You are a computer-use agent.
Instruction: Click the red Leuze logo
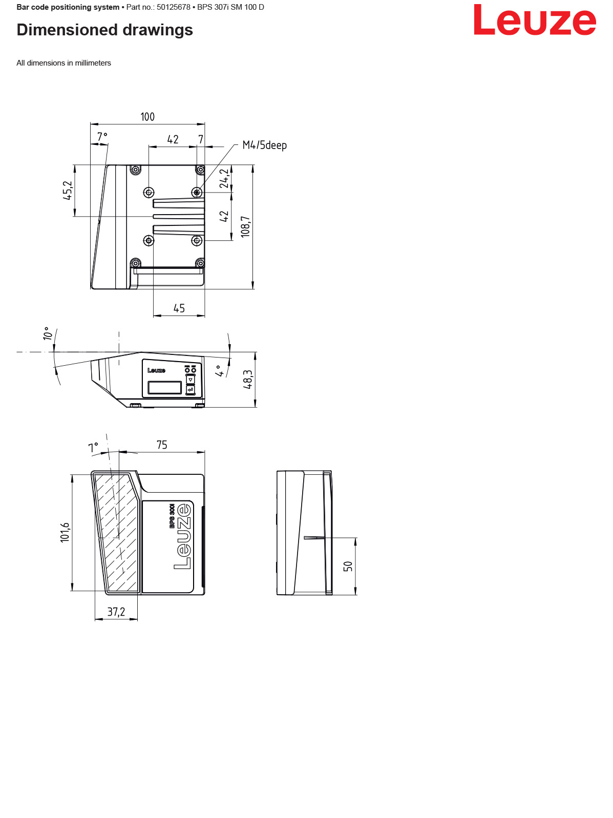coord(535,20)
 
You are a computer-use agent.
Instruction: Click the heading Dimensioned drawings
coord(104,30)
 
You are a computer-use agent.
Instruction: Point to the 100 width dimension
coord(147,117)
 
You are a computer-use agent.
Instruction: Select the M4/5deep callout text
coord(264,145)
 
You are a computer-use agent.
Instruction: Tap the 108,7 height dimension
coord(246,226)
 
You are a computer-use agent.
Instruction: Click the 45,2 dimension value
coord(68,191)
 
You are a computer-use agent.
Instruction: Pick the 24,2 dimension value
coord(224,179)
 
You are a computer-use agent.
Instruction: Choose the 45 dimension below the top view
coord(179,308)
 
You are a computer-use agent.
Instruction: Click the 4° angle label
coord(220,371)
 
